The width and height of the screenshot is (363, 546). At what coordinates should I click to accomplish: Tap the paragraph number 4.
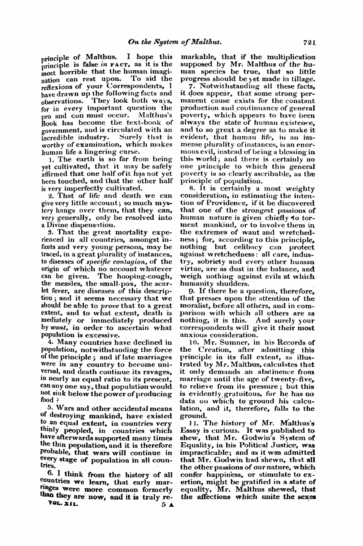point(44,343)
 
